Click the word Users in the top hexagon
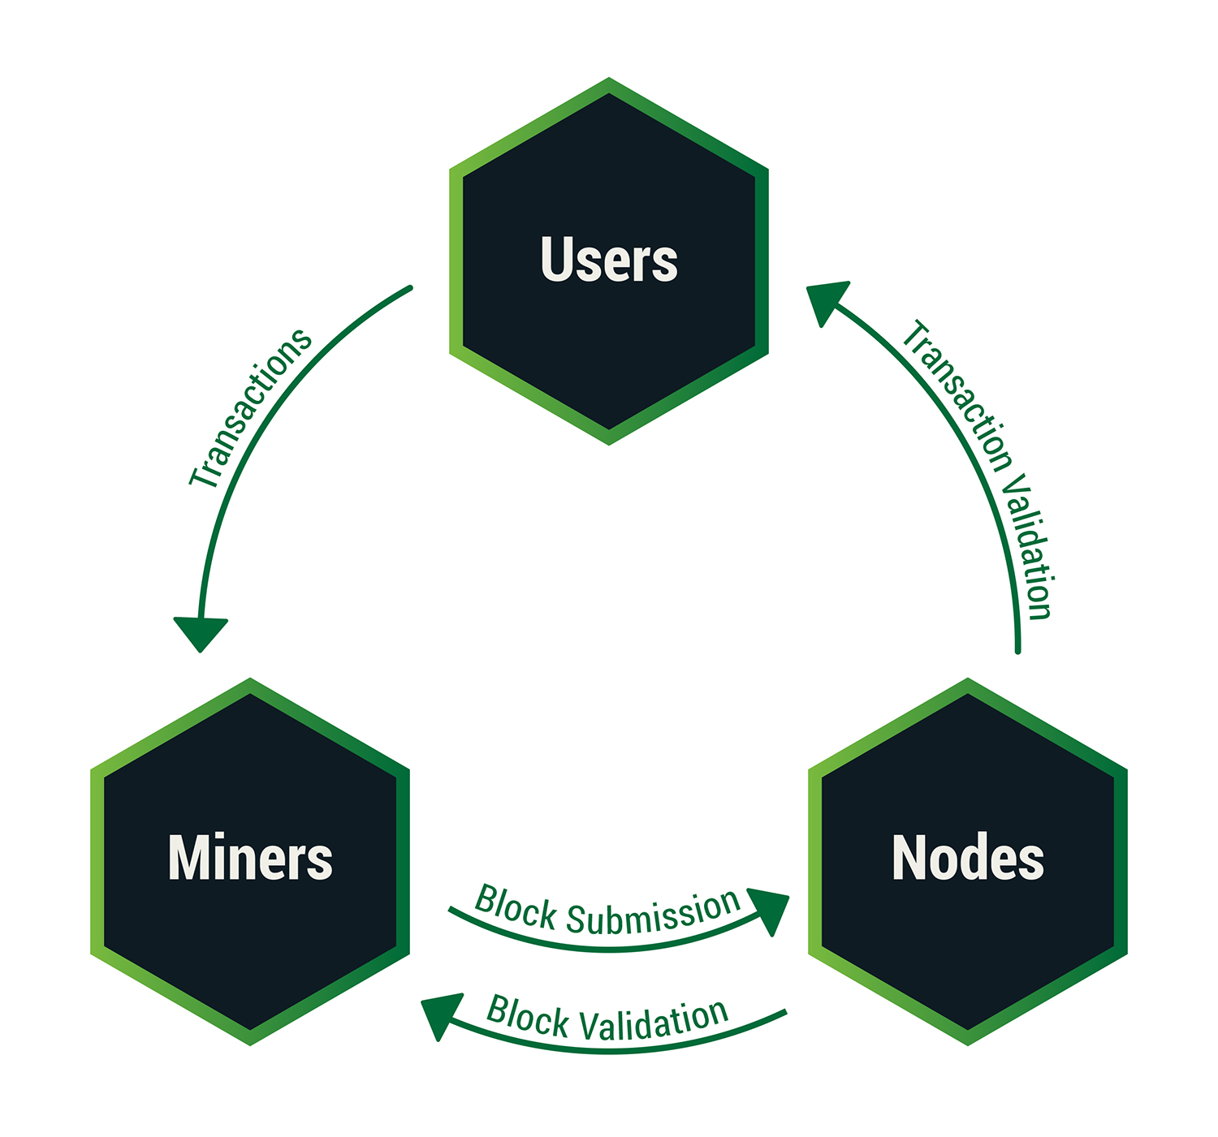click(609, 260)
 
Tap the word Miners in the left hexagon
click(250, 859)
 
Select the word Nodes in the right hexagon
click(968, 859)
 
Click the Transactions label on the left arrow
click(250, 408)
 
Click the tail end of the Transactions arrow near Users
click(409, 288)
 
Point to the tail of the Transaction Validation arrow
click(1017, 649)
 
